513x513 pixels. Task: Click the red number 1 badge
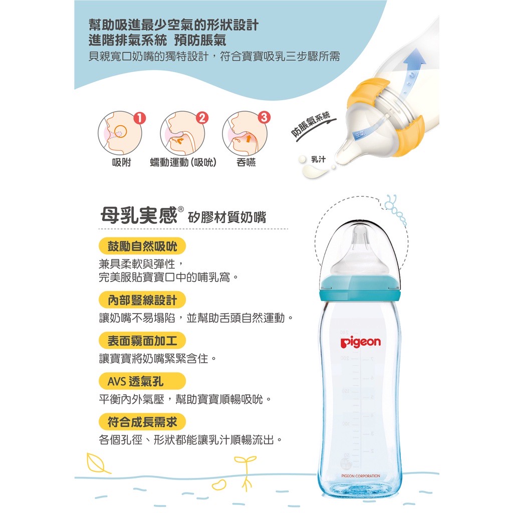click(x=140, y=118)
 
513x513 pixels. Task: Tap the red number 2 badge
click(x=202, y=118)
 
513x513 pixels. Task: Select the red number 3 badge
click(x=265, y=117)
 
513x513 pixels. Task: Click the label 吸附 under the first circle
click(x=121, y=162)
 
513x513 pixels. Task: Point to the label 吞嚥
click(x=246, y=162)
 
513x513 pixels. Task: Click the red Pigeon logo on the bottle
click(x=361, y=342)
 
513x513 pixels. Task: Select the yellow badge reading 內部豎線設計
click(x=142, y=300)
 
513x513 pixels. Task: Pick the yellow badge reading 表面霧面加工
click(x=142, y=341)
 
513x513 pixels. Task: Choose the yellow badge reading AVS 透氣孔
click(x=142, y=381)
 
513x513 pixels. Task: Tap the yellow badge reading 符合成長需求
click(x=142, y=422)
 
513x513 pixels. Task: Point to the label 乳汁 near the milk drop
click(x=318, y=159)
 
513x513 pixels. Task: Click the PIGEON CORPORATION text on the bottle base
click(x=361, y=476)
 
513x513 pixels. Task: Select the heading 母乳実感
click(x=139, y=215)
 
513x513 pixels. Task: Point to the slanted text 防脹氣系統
click(x=311, y=124)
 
